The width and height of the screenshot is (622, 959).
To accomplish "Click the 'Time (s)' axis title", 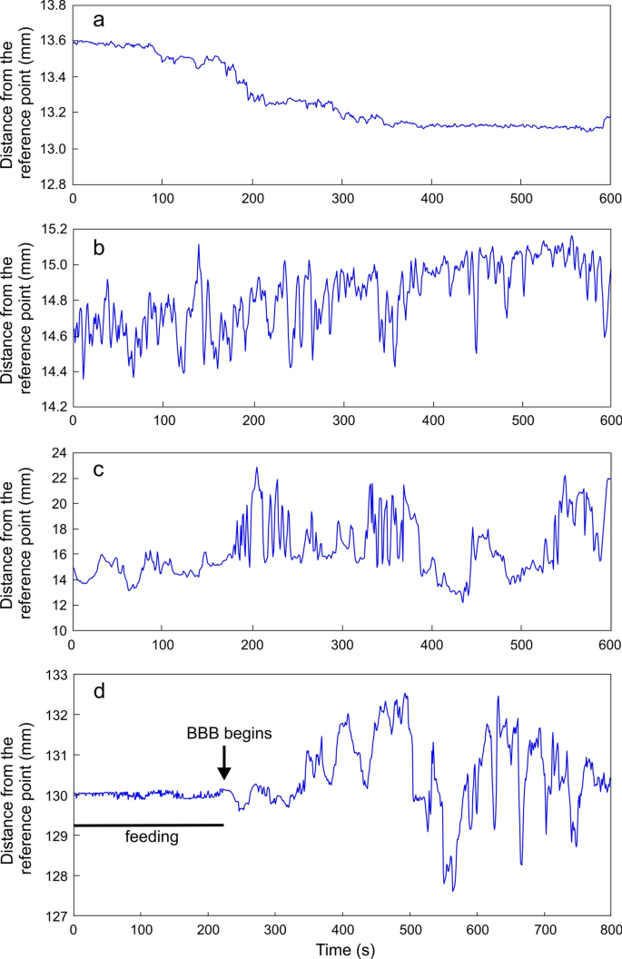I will click(341, 948).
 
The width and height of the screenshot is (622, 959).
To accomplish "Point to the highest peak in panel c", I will click(257, 468).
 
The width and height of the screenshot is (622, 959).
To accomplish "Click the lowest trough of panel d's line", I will click(452, 891).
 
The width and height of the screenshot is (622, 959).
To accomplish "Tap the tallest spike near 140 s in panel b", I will click(198, 245).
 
